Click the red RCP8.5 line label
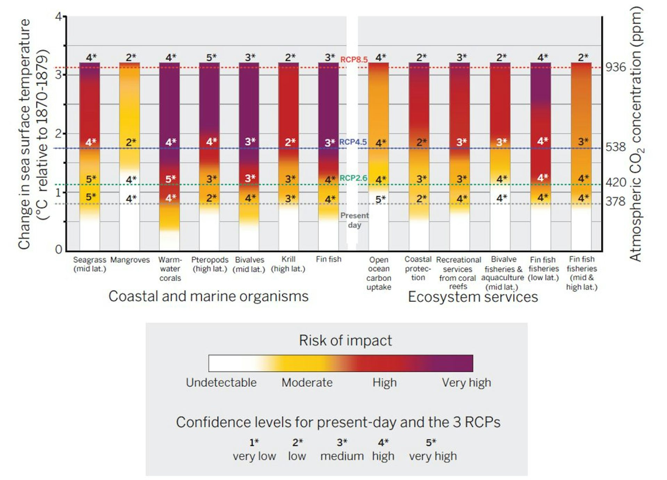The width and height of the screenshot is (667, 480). coord(354,60)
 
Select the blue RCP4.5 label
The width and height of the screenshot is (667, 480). coord(353,142)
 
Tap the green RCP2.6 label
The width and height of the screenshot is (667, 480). coord(353,178)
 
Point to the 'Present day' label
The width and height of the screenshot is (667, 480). coord(354,220)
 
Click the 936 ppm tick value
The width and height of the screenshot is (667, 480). coord(616,67)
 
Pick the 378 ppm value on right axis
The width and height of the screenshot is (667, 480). coord(615,201)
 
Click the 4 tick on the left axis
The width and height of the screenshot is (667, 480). coord(58,17)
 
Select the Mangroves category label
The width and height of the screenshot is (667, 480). coord(130,260)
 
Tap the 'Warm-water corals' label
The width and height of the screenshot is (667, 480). coord(170,269)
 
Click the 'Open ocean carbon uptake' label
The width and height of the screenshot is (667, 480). coord(379,273)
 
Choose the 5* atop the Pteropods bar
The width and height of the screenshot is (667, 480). coord(211,57)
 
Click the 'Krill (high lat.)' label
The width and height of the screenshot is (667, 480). coord(288,264)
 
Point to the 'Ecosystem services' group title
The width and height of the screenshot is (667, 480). coord(472,297)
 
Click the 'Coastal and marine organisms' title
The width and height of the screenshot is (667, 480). coord(208,296)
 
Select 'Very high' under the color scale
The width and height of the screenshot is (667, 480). coord(466,383)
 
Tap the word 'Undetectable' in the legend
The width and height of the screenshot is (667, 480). coord(221,383)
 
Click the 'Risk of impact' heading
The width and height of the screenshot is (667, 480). coord(345,340)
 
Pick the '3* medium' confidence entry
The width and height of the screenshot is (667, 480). coord(342,450)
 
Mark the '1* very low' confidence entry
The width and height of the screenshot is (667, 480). coord(254,450)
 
